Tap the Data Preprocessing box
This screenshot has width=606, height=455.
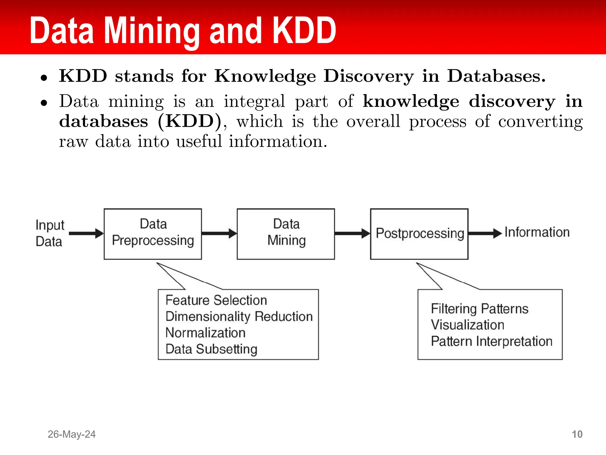click(153, 234)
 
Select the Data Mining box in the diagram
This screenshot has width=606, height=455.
click(286, 234)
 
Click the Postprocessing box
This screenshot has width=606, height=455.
click(419, 234)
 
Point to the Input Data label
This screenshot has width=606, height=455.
click(49, 233)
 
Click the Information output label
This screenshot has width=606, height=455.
click(537, 232)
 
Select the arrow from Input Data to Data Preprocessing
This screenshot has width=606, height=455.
click(86, 233)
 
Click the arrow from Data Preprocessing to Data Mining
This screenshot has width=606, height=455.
click(219, 233)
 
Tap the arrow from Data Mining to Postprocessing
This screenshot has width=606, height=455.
click(352, 233)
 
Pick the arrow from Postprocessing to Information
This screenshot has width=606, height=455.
click(485, 233)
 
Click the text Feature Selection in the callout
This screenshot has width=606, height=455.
click(216, 300)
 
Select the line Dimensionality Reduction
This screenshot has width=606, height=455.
click(239, 317)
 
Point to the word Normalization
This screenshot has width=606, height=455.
click(205, 333)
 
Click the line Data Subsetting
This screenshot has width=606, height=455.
click(211, 349)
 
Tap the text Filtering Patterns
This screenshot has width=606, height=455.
click(479, 309)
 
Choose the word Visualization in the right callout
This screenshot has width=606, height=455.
click(467, 325)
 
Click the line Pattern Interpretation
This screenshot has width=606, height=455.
click(491, 341)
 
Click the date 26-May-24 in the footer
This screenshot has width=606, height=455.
click(72, 434)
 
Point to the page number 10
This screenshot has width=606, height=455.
click(577, 434)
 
